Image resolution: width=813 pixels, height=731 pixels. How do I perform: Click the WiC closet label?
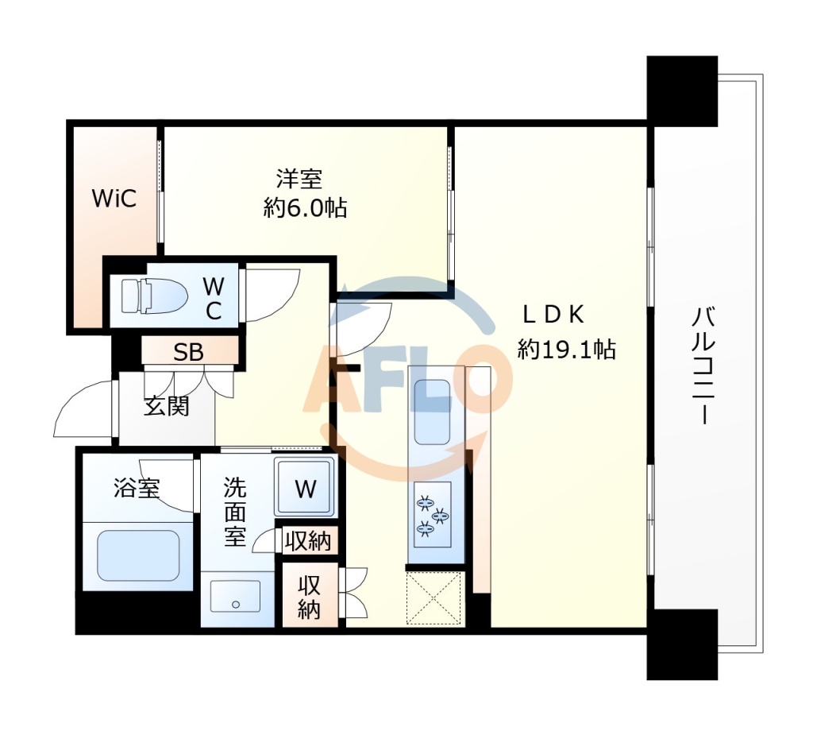pos(114,199)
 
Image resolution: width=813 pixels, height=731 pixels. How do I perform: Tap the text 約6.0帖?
pos(305,209)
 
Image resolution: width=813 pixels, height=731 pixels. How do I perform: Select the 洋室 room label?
pos(299,177)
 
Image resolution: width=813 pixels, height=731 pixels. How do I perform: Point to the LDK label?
pos(553,315)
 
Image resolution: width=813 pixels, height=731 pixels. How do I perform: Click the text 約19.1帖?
pos(566,349)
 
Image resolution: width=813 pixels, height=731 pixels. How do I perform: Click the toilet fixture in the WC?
pos(152,296)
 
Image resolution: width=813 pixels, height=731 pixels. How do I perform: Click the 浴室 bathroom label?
pos(137,487)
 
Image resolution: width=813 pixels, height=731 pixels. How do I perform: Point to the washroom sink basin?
pos(235,597)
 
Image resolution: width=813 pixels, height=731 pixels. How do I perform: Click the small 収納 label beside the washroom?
pos(308,542)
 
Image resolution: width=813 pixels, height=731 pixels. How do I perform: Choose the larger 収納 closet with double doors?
pos(310,598)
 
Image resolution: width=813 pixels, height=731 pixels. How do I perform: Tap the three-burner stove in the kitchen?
pos(432,512)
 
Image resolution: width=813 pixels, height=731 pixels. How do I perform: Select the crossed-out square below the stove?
pos(434,598)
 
